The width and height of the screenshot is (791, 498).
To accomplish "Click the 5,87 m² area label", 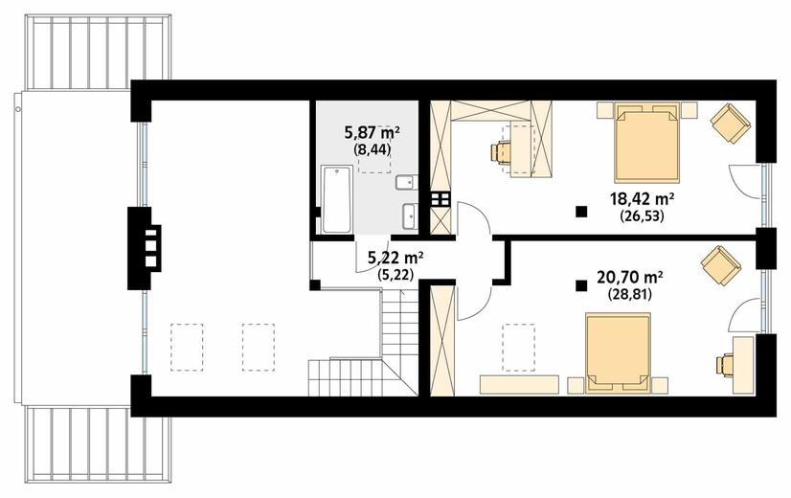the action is (373, 133).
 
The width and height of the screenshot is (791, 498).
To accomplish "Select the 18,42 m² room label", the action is (643, 199).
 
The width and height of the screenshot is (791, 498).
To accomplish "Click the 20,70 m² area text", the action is (629, 277).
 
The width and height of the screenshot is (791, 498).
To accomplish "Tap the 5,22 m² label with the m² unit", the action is (395, 259).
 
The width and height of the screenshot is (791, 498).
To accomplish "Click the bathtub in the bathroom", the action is (336, 199).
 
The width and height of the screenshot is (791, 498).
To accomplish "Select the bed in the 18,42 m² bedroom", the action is (646, 143).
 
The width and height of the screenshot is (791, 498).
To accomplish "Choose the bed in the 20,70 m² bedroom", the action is (618, 352).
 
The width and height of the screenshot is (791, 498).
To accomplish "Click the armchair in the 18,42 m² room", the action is (730, 123).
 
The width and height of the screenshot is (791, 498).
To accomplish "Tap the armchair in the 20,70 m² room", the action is (721, 265).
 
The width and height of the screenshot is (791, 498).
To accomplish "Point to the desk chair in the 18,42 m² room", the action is (501, 152).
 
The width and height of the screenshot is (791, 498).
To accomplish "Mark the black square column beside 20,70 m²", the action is (581, 286).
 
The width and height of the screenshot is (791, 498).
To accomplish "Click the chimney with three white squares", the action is (144, 248).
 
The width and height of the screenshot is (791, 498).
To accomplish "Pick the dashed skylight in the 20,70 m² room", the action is (519, 348).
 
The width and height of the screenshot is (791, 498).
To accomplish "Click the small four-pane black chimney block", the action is (441, 199).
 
